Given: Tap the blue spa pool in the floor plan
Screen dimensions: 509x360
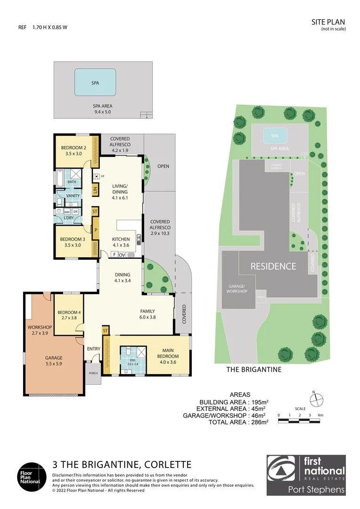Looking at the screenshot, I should [x=95, y=82].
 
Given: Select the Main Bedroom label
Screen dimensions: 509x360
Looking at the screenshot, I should [x=170, y=353].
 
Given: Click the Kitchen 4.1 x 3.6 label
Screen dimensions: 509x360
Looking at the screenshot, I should [x=121, y=242].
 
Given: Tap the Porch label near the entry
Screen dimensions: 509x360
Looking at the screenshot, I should [x=92, y=373].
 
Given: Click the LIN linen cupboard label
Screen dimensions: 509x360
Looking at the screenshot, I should [x=95, y=190].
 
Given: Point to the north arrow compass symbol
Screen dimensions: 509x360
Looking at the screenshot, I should [x=319, y=400].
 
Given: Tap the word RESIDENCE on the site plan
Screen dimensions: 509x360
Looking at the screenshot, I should [x=273, y=266].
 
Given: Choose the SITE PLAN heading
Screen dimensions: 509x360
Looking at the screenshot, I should [x=328, y=22].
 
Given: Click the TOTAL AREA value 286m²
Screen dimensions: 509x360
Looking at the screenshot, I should [x=259, y=422].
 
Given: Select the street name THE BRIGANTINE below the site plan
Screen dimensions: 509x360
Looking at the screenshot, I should [x=254, y=369].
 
